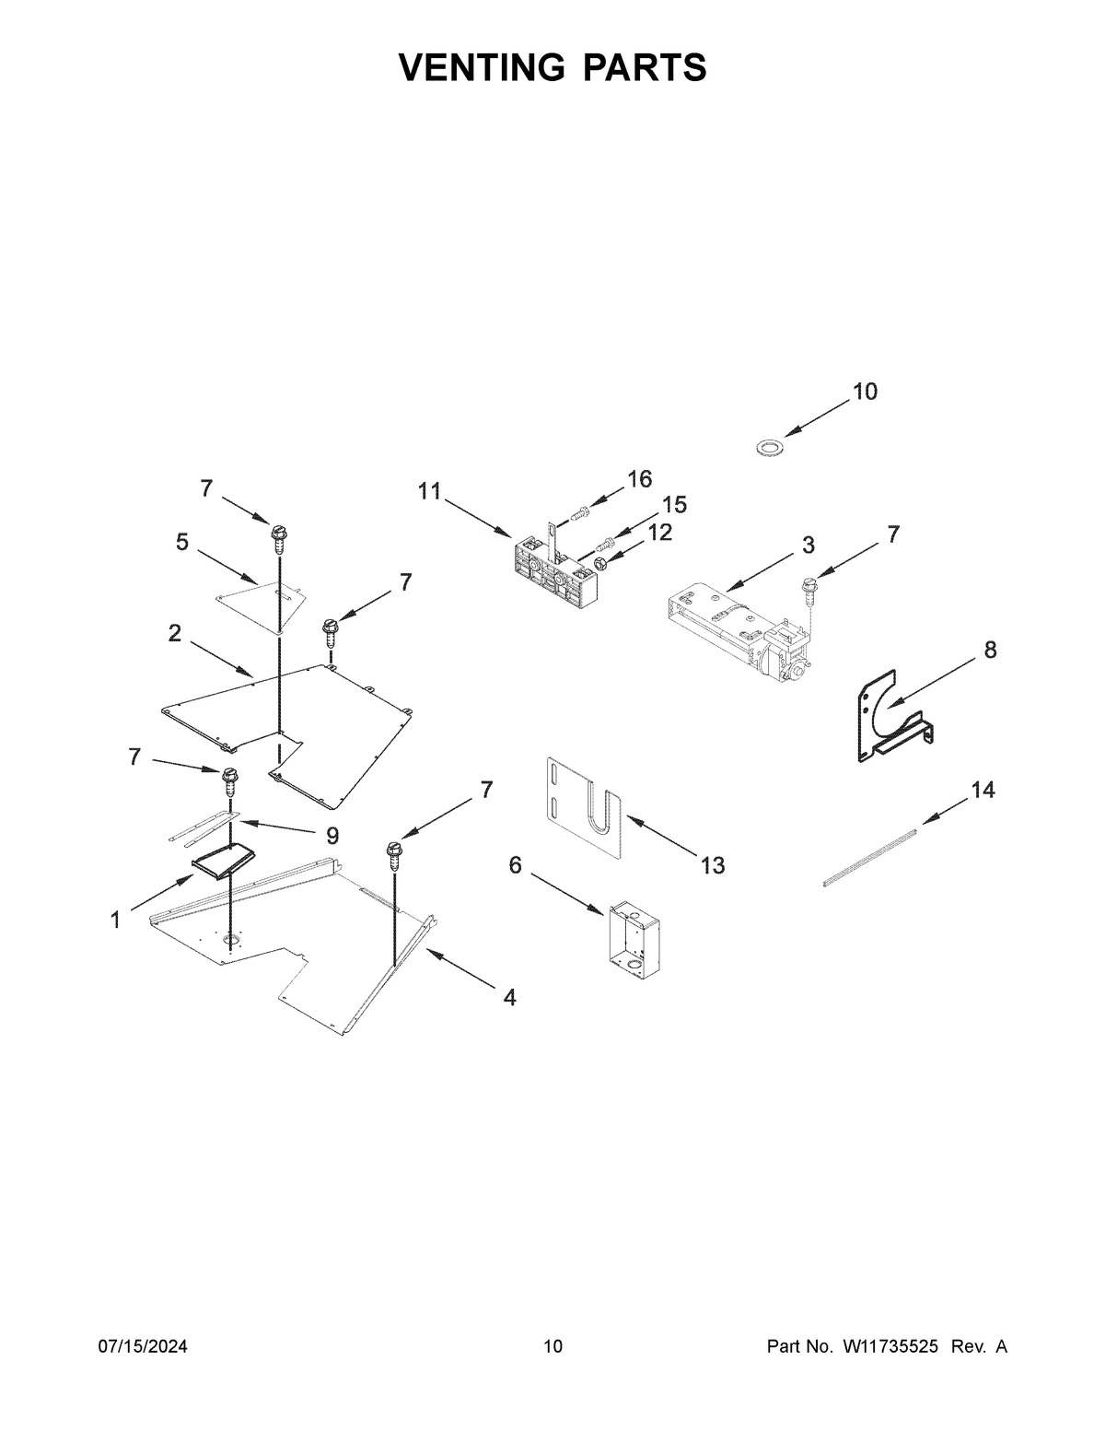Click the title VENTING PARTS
[552, 67]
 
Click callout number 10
[865, 392]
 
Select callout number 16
[639, 478]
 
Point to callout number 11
[430, 491]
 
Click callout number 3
[808, 545]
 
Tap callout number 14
[983, 790]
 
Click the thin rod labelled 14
[869, 857]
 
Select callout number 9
[331, 836]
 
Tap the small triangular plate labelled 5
[258, 600]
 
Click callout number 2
[174, 633]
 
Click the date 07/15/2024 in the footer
[143, 1347]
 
